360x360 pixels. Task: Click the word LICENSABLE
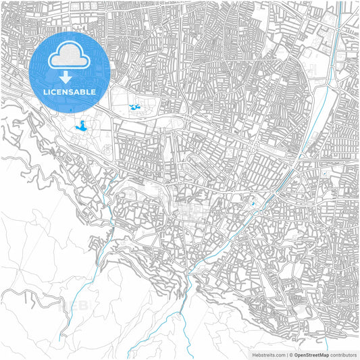point(70,91)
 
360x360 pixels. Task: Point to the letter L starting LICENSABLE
point(45,91)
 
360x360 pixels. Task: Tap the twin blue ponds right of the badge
point(134,107)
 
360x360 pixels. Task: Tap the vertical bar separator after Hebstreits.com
point(286,355)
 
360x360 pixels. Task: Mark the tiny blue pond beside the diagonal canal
point(253,203)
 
